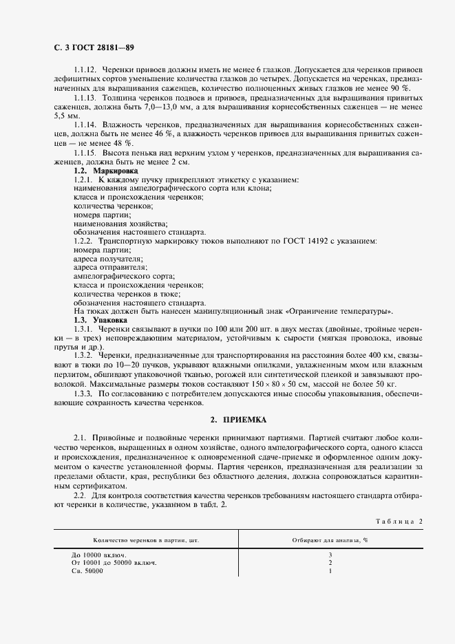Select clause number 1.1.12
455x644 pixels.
pyautogui.click(x=86, y=71)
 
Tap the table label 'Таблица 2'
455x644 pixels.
pyautogui.click(x=399, y=521)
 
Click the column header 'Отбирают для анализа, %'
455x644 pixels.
pyautogui.click(x=330, y=540)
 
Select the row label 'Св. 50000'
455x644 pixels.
pyautogui.click(x=87, y=571)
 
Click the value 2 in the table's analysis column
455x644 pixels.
pyautogui.click(x=330, y=563)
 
